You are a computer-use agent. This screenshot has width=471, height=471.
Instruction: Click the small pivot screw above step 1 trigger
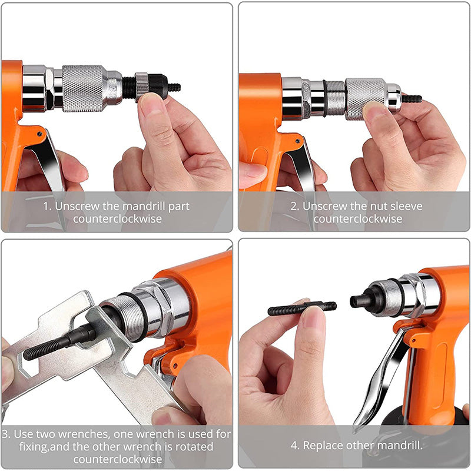coord(39,134)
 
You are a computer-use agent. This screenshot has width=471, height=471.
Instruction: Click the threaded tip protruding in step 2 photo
coord(412,98)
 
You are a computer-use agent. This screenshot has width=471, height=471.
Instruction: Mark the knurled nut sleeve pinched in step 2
coord(365,97)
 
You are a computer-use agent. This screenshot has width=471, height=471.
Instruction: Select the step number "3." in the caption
coord(9,434)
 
